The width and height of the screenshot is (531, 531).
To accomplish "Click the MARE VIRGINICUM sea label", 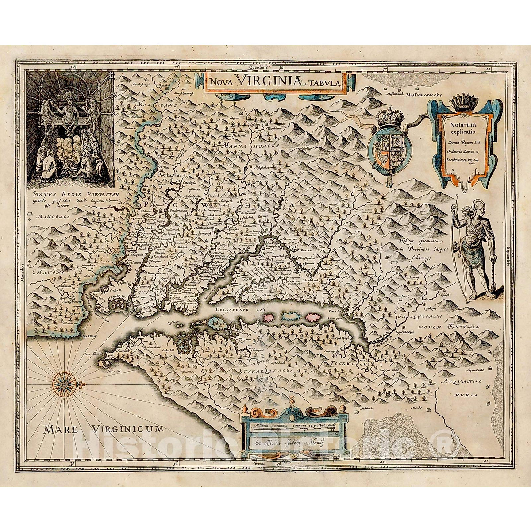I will pyautogui.click(x=103, y=428).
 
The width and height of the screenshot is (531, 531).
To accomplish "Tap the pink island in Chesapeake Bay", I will pyautogui.click(x=270, y=317).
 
